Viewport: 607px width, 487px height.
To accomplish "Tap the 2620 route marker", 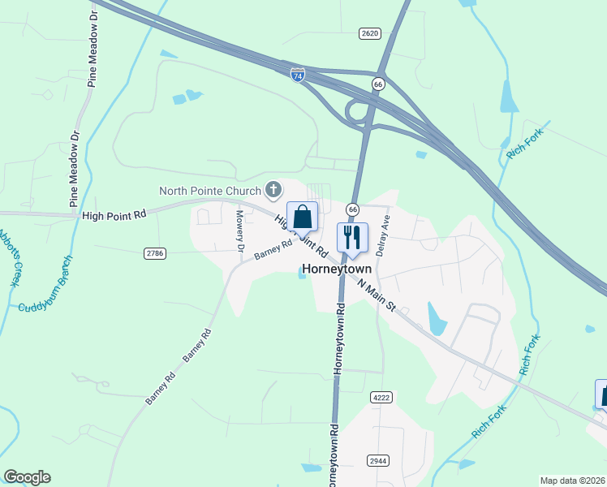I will coord(369,33).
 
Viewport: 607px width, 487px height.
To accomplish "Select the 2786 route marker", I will coord(155,254).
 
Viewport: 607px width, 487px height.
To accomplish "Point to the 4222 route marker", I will coord(381,398).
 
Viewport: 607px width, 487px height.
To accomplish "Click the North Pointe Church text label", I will coord(210,192).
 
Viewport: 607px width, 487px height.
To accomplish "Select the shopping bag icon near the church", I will coord(302,217).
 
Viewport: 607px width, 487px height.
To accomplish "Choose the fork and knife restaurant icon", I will coord(352,237).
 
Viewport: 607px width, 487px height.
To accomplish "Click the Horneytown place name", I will coord(337,269).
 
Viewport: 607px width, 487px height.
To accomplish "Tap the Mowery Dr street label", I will coord(239,231).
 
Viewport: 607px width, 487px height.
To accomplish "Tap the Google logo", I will coord(27,477).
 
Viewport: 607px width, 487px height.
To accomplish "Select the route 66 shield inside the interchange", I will coord(377,84).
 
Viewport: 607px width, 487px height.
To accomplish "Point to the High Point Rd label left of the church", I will coord(114,215).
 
